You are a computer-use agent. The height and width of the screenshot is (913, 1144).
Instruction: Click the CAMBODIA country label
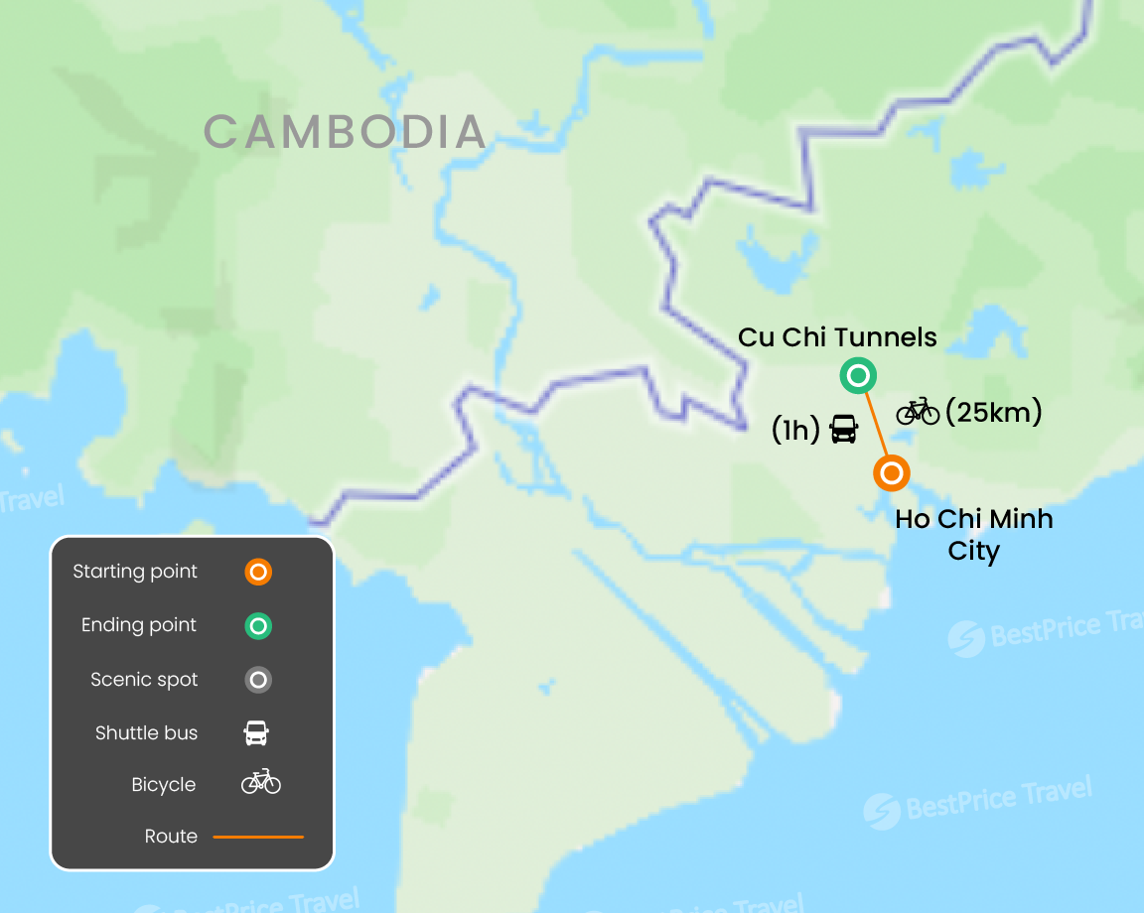pyautogui.click(x=345, y=132)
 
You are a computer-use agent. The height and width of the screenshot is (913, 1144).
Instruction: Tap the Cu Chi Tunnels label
pyautogui.click(x=837, y=337)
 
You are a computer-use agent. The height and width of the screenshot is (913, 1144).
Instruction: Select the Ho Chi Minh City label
pyautogui.click(x=973, y=534)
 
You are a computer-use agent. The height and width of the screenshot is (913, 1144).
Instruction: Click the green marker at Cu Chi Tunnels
pyautogui.click(x=858, y=376)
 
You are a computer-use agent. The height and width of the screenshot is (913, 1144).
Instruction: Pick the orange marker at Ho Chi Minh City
pyautogui.click(x=892, y=473)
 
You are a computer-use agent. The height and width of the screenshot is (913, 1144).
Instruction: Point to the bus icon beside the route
pyautogui.click(x=843, y=430)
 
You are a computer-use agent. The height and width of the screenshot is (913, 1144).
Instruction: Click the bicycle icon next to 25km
pyautogui.click(x=918, y=411)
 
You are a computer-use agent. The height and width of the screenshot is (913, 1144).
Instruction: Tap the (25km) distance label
pyautogui.click(x=993, y=411)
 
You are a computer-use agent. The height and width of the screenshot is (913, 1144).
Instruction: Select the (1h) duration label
pyautogui.click(x=795, y=431)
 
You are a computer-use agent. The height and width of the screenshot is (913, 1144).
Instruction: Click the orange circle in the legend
pyautogui.click(x=258, y=573)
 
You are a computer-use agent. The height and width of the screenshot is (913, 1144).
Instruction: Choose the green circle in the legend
pyautogui.click(x=258, y=626)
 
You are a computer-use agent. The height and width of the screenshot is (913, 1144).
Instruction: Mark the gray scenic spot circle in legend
pyautogui.click(x=258, y=680)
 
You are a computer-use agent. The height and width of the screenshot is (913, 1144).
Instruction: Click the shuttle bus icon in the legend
pyautogui.click(x=256, y=733)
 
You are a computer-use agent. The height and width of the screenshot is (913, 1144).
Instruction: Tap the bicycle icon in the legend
pyautogui.click(x=260, y=783)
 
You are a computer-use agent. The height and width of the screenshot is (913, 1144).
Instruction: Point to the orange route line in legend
pyautogui.click(x=258, y=837)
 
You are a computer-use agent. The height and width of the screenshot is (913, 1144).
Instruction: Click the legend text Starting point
pyautogui.click(x=135, y=572)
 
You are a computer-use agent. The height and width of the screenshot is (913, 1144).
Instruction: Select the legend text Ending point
pyautogui.click(x=139, y=625)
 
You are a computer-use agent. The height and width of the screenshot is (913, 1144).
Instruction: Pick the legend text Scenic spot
pyautogui.click(x=144, y=680)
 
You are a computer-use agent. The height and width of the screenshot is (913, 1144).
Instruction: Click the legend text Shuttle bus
pyautogui.click(x=146, y=733)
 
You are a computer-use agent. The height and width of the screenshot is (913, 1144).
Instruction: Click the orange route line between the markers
pyautogui.click(x=875, y=425)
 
